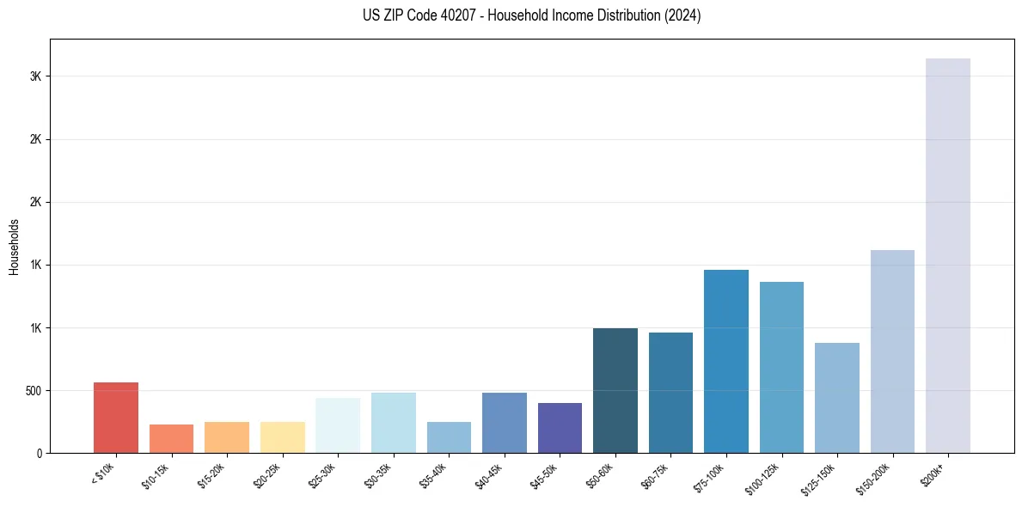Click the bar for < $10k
[x=116, y=418]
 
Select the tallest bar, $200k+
[x=948, y=256]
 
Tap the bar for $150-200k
[x=892, y=351]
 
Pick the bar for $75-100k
[x=726, y=362]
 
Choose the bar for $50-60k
[x=615, y=391]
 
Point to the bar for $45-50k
[x=560, y=428]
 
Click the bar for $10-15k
[x=171, y=439]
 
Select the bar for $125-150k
[x=837, y=398]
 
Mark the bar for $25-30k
[x=338, y=425]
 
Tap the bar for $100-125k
[x=781, y=368]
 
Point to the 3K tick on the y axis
[x=35, y=76]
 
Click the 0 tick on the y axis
[x=39, y=454]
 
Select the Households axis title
[x=15, y=247]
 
